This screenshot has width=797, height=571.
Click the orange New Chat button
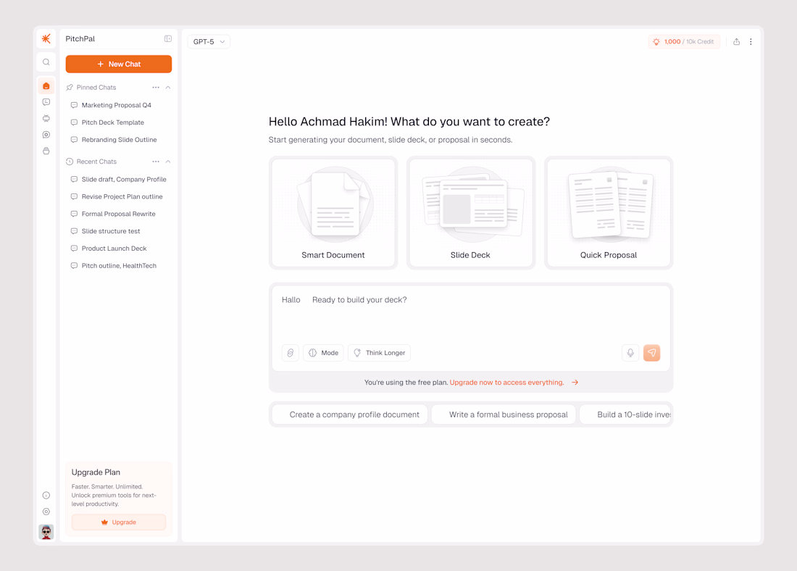pyautogui.click(x=118, y=64)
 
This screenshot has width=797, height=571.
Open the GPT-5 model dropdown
pyautogui.click(x=209, y=42)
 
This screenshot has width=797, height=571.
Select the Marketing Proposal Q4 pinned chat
pyautogui.click(x=116, y=105)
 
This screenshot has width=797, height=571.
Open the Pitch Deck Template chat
pyautogui.click(x=112, y=122)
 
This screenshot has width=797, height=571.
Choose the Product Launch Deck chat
pyautogui.click(x=114, y=249)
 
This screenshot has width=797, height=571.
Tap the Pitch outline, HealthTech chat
pyautogui.click(x=118, y=266)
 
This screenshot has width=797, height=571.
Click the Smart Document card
pyautogui.click(x=333, y=212)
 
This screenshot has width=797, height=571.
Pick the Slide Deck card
pyautogui.click(x=471, y=212)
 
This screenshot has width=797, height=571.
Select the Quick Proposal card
pyautogui.click(x=609, y=212)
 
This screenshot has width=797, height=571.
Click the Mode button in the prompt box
pyautogui.click(x=323, y=353)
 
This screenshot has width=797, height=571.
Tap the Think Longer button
pyautogui.click(x=379, y=353)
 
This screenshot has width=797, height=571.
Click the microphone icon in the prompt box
pyautogui.click(x=630, y=353)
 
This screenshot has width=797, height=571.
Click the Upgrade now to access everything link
pyautogui.click(x=506, y=383)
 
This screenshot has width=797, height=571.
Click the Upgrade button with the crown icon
pyautogui.click(x=118, y=522)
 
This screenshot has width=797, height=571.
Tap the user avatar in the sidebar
pyautogui.click(x=46, y=532)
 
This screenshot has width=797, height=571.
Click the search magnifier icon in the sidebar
pyautogui.click(x=46, y=62)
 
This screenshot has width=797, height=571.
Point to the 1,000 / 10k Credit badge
pyautogui.click(x=684, y=42)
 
